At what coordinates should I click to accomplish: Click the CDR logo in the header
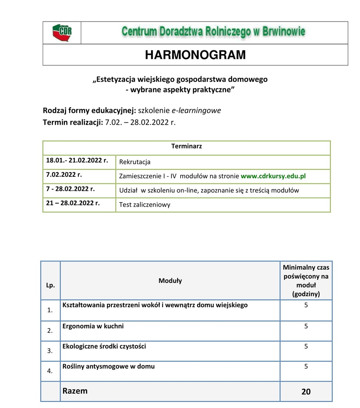[x=62, y=32]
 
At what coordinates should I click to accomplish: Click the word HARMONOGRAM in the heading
[x=195, y=55]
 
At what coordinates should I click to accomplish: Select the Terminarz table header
[x=186, y=146]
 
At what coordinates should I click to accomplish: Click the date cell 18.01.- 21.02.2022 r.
[x=77, y=160]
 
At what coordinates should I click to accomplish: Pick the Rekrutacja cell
[x=135, y=162]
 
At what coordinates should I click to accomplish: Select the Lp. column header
[x=50, y=285]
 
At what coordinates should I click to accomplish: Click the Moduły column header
[x=170, y=281]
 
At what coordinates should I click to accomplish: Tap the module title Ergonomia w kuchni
[x=93, y=326]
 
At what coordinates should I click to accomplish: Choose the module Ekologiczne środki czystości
[x=104, y=346]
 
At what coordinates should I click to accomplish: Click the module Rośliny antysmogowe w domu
[x=108, y=366]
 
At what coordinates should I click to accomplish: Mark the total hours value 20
[x=306, y=392]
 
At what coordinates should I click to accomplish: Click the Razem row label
[x=75, y=391]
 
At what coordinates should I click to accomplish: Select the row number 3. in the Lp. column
[x=50, y=351]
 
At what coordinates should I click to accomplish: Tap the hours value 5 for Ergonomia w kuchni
[x=306, y=326]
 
